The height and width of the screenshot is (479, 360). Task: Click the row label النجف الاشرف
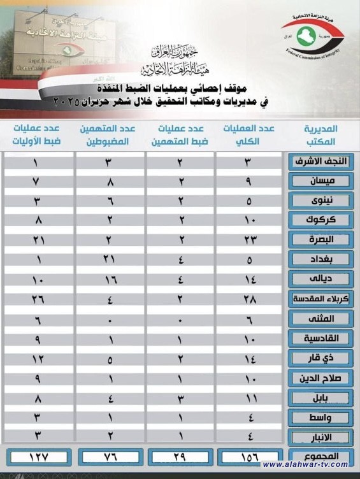[x=319, y=161]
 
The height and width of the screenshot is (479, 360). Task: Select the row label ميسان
[x=319, y=181]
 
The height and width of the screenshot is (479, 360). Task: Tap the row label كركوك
[x=319, y=220]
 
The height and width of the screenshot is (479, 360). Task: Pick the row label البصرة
[x=319, y=240]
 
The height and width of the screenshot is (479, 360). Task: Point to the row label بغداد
[x=319, y=260]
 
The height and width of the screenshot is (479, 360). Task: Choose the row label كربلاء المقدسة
[x=319, y=298]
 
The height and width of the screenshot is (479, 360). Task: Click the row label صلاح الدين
[x=319, y=378]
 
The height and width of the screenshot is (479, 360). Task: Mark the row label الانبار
[x=319, y=437]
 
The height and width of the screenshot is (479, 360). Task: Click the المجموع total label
[x=319, y=457]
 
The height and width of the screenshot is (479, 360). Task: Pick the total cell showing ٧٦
[x=110, y=457]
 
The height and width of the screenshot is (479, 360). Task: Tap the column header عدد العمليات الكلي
[x=249, y=135]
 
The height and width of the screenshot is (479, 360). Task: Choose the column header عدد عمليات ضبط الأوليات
[x=38, y=135]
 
